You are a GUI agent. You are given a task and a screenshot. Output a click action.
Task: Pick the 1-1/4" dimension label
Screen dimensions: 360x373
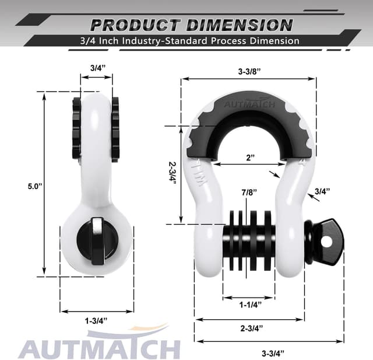(249, 304)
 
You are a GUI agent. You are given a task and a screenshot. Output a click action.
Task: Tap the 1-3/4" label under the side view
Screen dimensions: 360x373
(96, 320)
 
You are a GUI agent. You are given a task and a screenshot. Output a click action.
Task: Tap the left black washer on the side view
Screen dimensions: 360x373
(76, 129)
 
